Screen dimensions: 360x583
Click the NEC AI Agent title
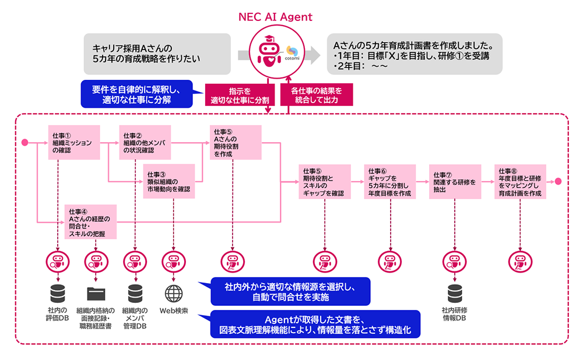coord(275,17)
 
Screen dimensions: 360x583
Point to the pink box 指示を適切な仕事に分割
coord(240,96)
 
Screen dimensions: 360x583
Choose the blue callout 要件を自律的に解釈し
coord(137,94)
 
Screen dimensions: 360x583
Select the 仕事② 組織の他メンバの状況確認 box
coord(145,142)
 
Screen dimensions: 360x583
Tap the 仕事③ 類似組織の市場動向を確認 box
coord(168,181)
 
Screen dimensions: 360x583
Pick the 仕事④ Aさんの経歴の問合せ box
coord(90,222)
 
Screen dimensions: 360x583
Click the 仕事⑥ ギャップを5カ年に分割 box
coord(390,181)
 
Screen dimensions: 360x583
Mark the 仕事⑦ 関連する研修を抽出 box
coord(455,181)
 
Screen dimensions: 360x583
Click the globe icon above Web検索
coord(174,292)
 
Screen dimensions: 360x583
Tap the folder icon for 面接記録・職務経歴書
coord(94,292)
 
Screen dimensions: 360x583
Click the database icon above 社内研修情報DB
coord(454,292)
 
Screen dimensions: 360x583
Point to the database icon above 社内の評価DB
coord(57,292)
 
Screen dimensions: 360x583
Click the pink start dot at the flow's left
coord(24,142)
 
